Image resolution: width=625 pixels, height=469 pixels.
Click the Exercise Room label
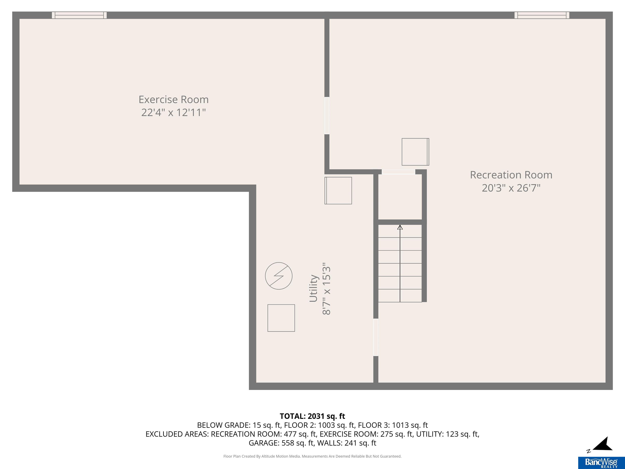pyautogui.click(x=174, y=100)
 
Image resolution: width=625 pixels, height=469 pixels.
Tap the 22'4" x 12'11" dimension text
pyautogui.click(x=174, y=113)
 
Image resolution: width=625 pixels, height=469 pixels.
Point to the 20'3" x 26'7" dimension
pyautogui.click(x=511, y=188)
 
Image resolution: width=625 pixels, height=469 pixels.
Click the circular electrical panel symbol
pyautogui.click(x=279, y=276)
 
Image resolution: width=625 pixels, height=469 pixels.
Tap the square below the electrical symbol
pyautogui.click(x=281, y=318)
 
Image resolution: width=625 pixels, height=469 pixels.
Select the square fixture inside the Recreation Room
pyautogui.click(x=415, y=152)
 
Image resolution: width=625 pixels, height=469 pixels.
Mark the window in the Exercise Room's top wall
pyautogui.click(x=79, y=15)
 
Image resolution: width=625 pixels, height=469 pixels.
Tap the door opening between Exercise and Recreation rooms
pyautogui.click(x=327, y=116)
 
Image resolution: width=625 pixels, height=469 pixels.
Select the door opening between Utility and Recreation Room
pyautogui.click(x=376, y=337)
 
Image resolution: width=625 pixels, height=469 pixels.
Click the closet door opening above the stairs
pyautogui.click(x=398, y=172)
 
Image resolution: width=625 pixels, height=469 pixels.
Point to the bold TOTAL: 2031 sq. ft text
pyautogui.click(x=312, y=416)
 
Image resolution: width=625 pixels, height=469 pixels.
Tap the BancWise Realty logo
pyautogui.click(x=601, y=463)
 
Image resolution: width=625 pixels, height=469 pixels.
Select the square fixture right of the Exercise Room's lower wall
pyautogui.click(x=338, y=191)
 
